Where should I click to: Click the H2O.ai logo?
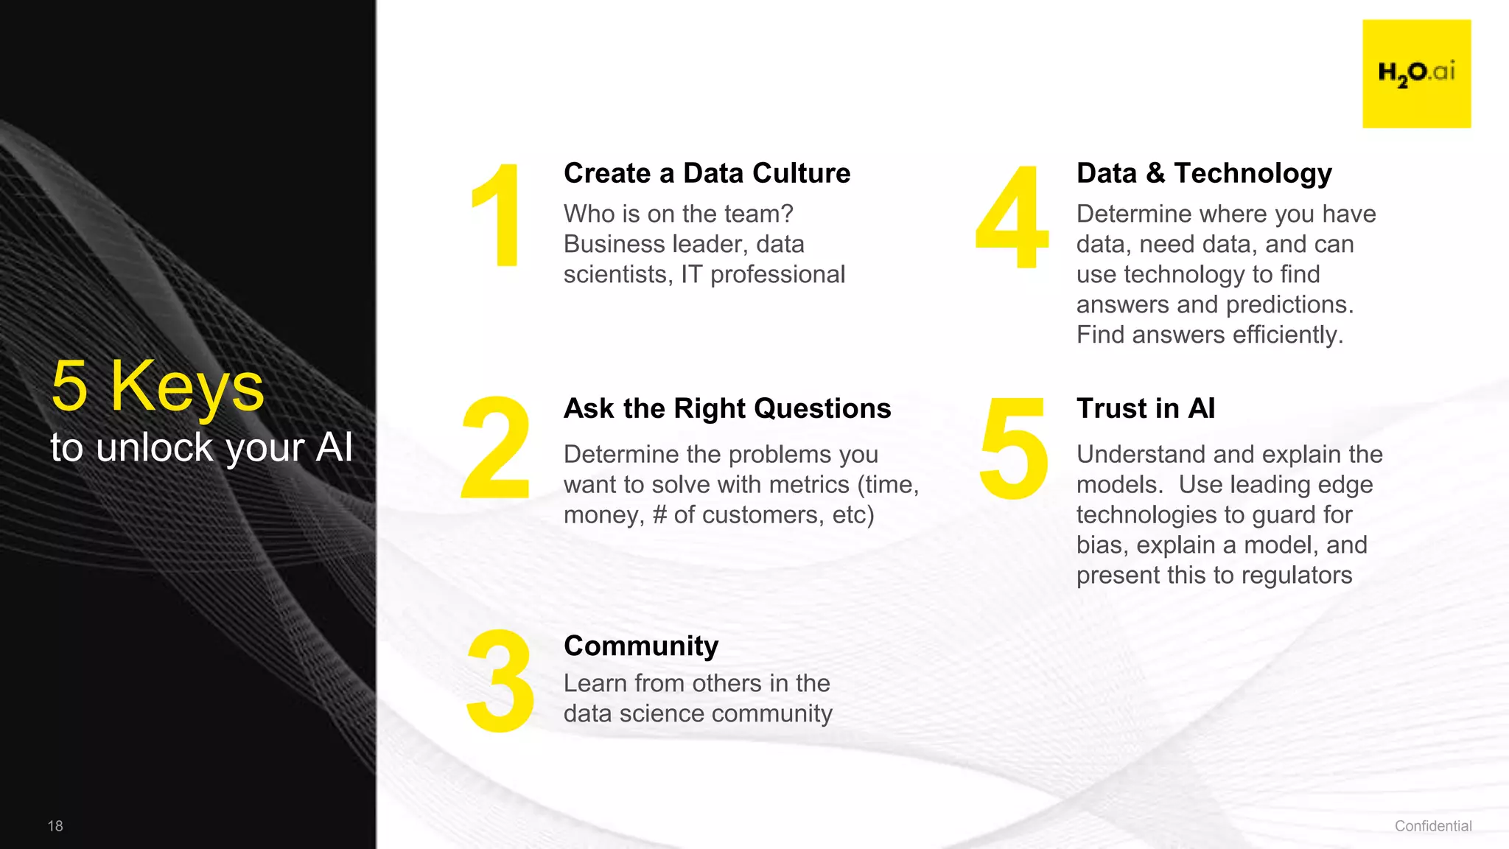(x=1416, y=74)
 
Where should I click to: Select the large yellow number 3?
(x=500, y=682)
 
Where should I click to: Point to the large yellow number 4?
(x=1012, y=217)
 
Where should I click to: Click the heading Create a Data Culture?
(x=707, y=173)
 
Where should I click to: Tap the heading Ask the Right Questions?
(x=727, y=408)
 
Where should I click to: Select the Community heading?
(x=640, y=646)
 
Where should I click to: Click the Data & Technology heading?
(x=1204, y=173)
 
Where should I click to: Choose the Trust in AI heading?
(x=1146, y=408)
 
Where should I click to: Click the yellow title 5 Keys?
(x=158, y=386)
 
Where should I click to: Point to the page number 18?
(x=55, y=826)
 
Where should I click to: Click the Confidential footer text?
(x=1433, y=826)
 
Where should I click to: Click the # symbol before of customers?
(x=659, y=515)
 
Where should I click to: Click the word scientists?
(x=617, y=275)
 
